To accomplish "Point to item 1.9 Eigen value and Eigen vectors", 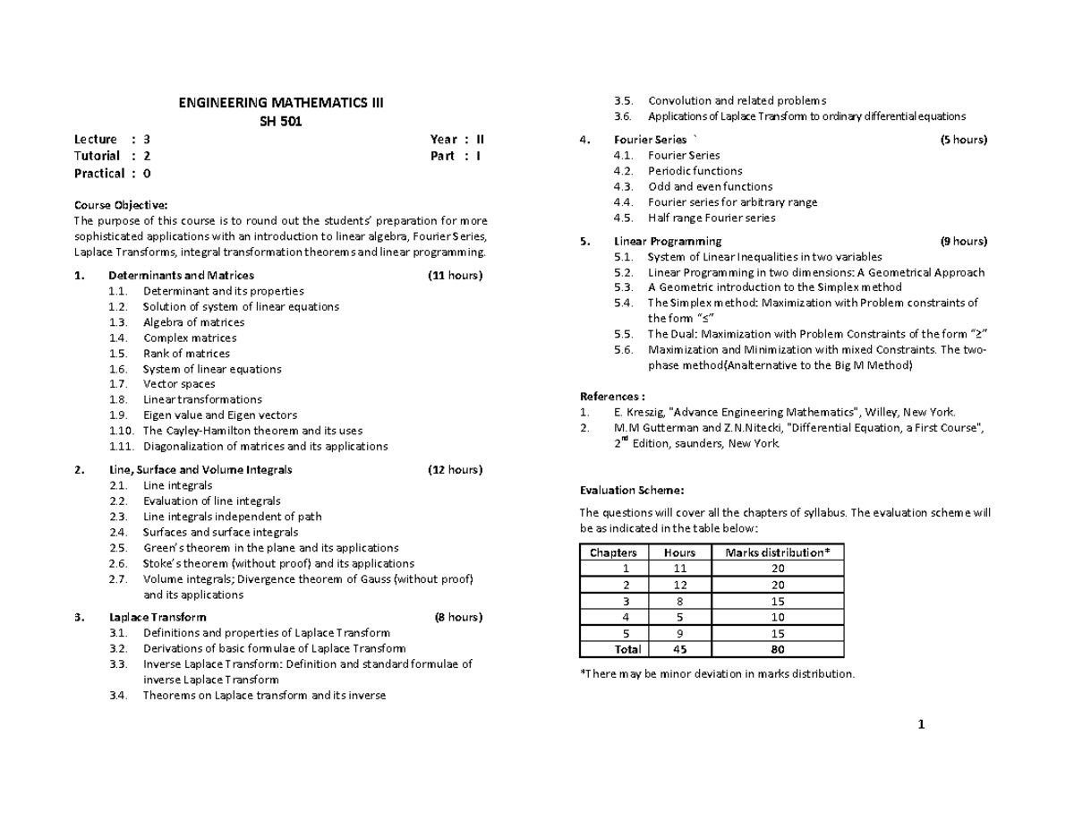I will coord(220,415).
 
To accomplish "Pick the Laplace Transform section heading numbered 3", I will coord(158,617).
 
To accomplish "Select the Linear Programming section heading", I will coord(668,241).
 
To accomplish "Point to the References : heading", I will coord(612,396).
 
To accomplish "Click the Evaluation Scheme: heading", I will coord(632,490).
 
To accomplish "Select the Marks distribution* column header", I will coord(778,552).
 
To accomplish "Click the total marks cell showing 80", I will coord(778,649).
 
